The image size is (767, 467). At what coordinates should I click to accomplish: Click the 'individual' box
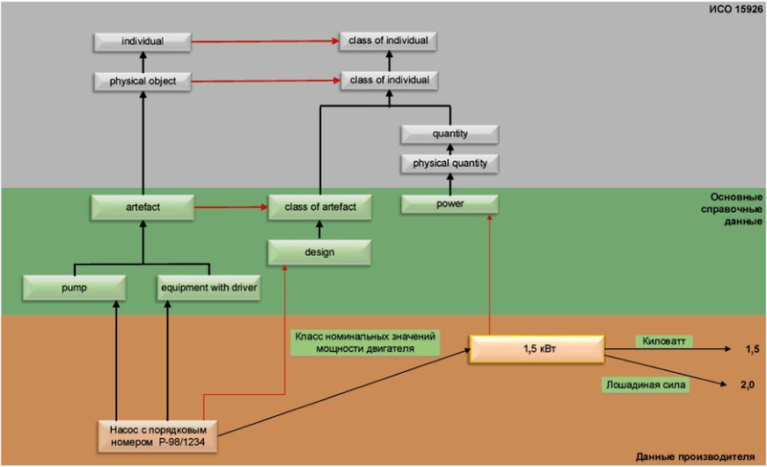point(142,41)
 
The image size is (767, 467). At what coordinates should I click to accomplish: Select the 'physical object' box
point(142,81)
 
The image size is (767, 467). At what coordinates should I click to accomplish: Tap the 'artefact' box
point(142,207)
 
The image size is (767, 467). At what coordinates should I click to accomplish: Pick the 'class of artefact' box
point(320,207)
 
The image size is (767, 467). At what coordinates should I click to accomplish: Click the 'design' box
point(319,252)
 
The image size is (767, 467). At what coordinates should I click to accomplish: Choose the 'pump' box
point(75,288)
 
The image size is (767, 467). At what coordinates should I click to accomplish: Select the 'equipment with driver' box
point(208,288)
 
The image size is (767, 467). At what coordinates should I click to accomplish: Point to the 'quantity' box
point(450,134)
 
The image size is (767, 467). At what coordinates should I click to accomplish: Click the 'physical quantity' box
point(450,164)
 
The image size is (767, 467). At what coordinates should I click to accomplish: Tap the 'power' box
point(450,204)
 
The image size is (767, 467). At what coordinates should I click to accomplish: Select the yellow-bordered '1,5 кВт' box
point(537,349)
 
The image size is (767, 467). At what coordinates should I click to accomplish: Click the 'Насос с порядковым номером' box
point(157,436)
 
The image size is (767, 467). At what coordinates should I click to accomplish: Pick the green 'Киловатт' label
point(664,341)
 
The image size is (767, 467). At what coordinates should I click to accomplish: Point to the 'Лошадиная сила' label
point(646,385)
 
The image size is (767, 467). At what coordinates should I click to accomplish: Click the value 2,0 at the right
point(748,385)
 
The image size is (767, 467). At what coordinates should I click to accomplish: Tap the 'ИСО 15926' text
point(735,9)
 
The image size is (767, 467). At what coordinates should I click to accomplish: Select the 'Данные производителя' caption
point(695,456)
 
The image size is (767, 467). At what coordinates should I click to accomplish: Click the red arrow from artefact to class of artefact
point(231,207)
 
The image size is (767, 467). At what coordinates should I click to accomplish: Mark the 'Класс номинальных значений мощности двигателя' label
point(365,342)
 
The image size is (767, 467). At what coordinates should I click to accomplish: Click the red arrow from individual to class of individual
point(265,41)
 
